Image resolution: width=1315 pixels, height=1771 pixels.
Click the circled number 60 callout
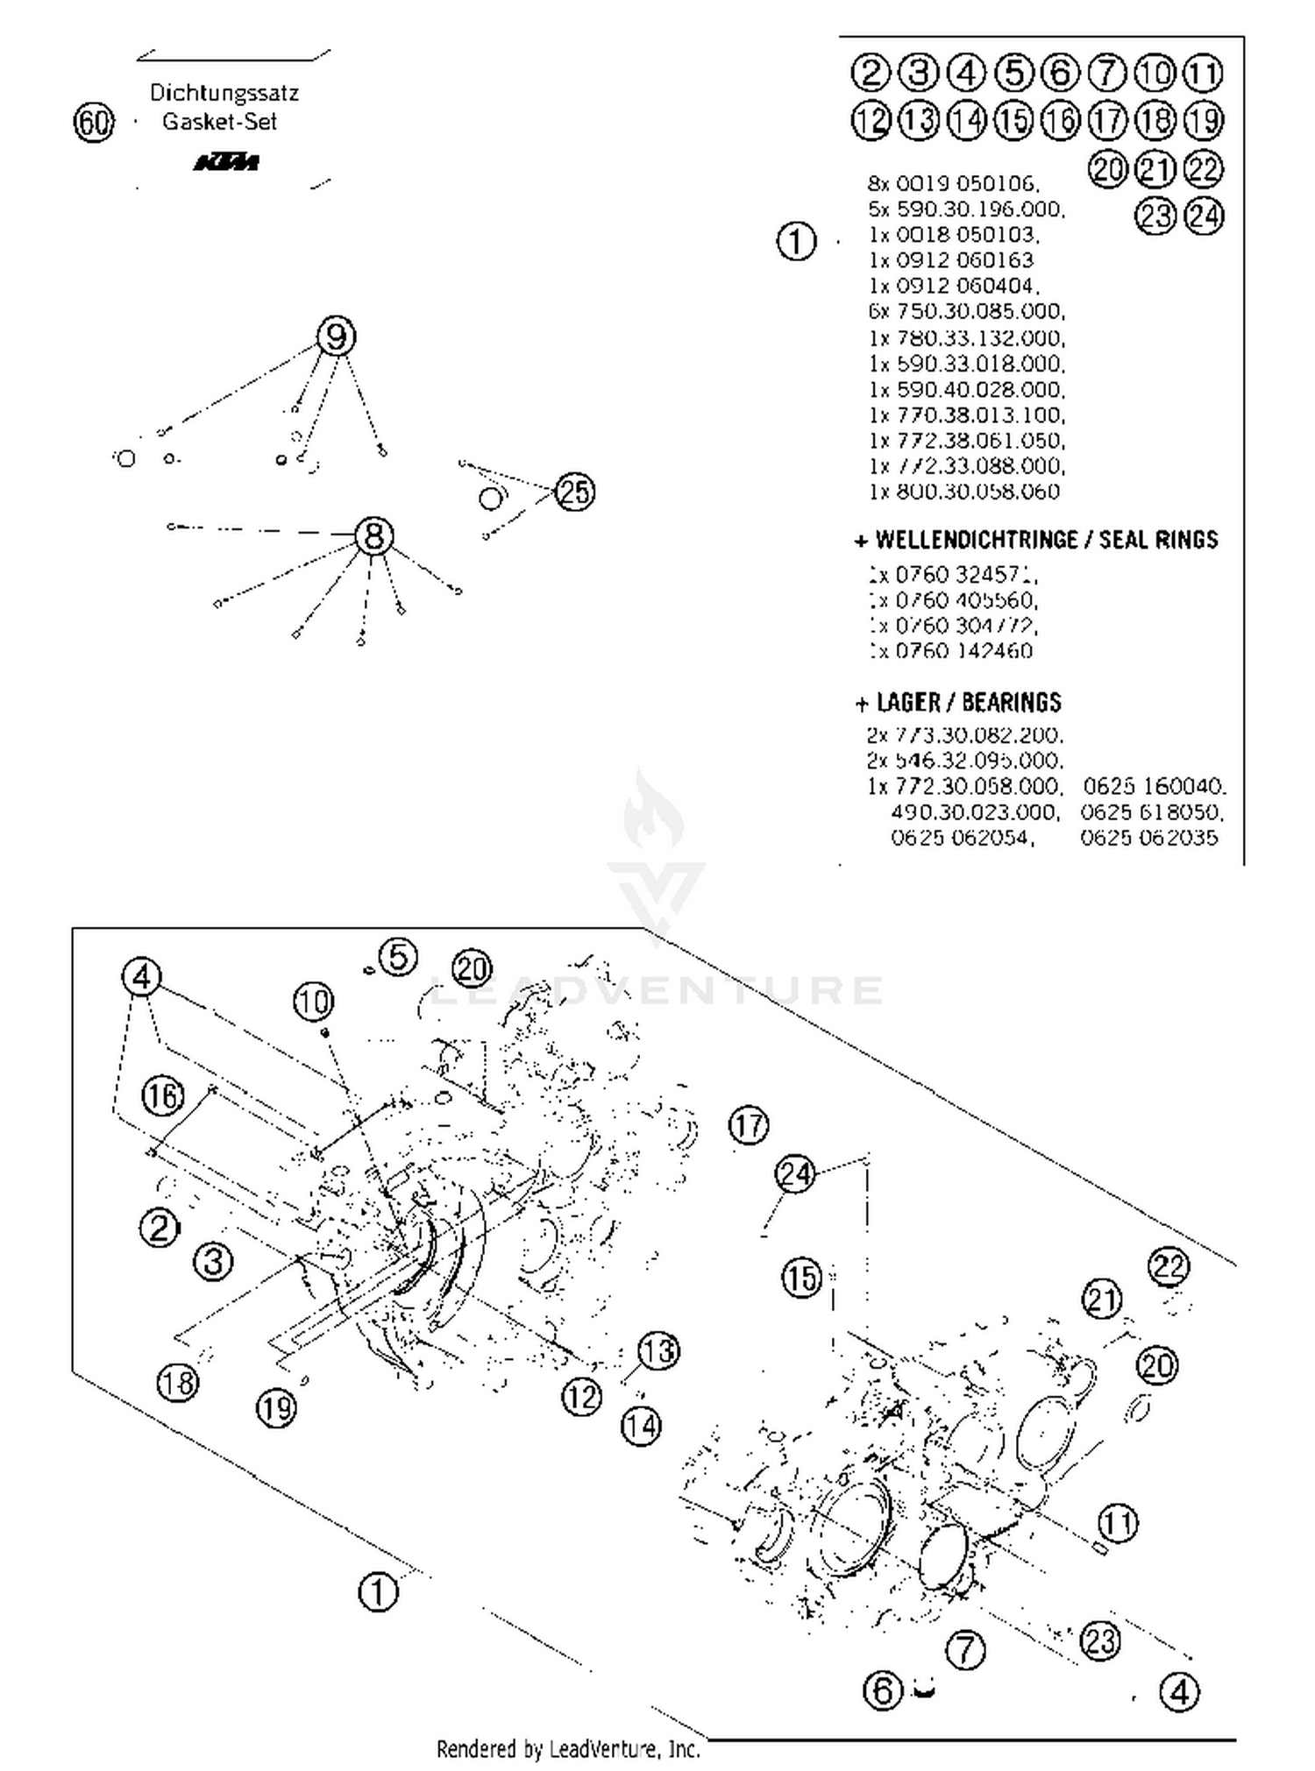(94, 122)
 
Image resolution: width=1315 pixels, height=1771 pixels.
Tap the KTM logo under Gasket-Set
(226, 163)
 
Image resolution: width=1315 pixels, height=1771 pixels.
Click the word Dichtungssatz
(224, 92)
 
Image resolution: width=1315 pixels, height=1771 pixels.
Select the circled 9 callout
(336, 336)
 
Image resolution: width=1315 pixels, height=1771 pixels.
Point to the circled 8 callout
(374, 535)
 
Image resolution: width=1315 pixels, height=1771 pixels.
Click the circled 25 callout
(575, 492)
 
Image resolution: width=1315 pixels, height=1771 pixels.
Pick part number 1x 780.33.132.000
(966, 337)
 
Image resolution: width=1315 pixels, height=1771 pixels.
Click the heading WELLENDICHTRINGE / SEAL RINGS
(1036, 540)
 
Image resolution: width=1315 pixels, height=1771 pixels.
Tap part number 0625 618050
(1151, 811)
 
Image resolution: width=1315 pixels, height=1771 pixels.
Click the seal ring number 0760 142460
(951, 651)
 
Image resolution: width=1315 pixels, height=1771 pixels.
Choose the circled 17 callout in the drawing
(749, 1125)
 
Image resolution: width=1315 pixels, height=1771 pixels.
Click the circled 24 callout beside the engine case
(795, 1173)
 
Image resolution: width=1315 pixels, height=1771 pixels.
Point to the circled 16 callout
(163, 1095)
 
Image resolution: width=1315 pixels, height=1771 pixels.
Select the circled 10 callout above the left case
(314, 1002)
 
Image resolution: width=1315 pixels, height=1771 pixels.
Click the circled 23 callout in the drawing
(1100, 1640)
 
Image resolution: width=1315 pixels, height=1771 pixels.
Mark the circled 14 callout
(641, 1427)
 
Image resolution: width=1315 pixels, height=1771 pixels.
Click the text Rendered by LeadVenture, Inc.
(568, 1749)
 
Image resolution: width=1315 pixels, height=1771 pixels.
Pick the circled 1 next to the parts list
(796, 241)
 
